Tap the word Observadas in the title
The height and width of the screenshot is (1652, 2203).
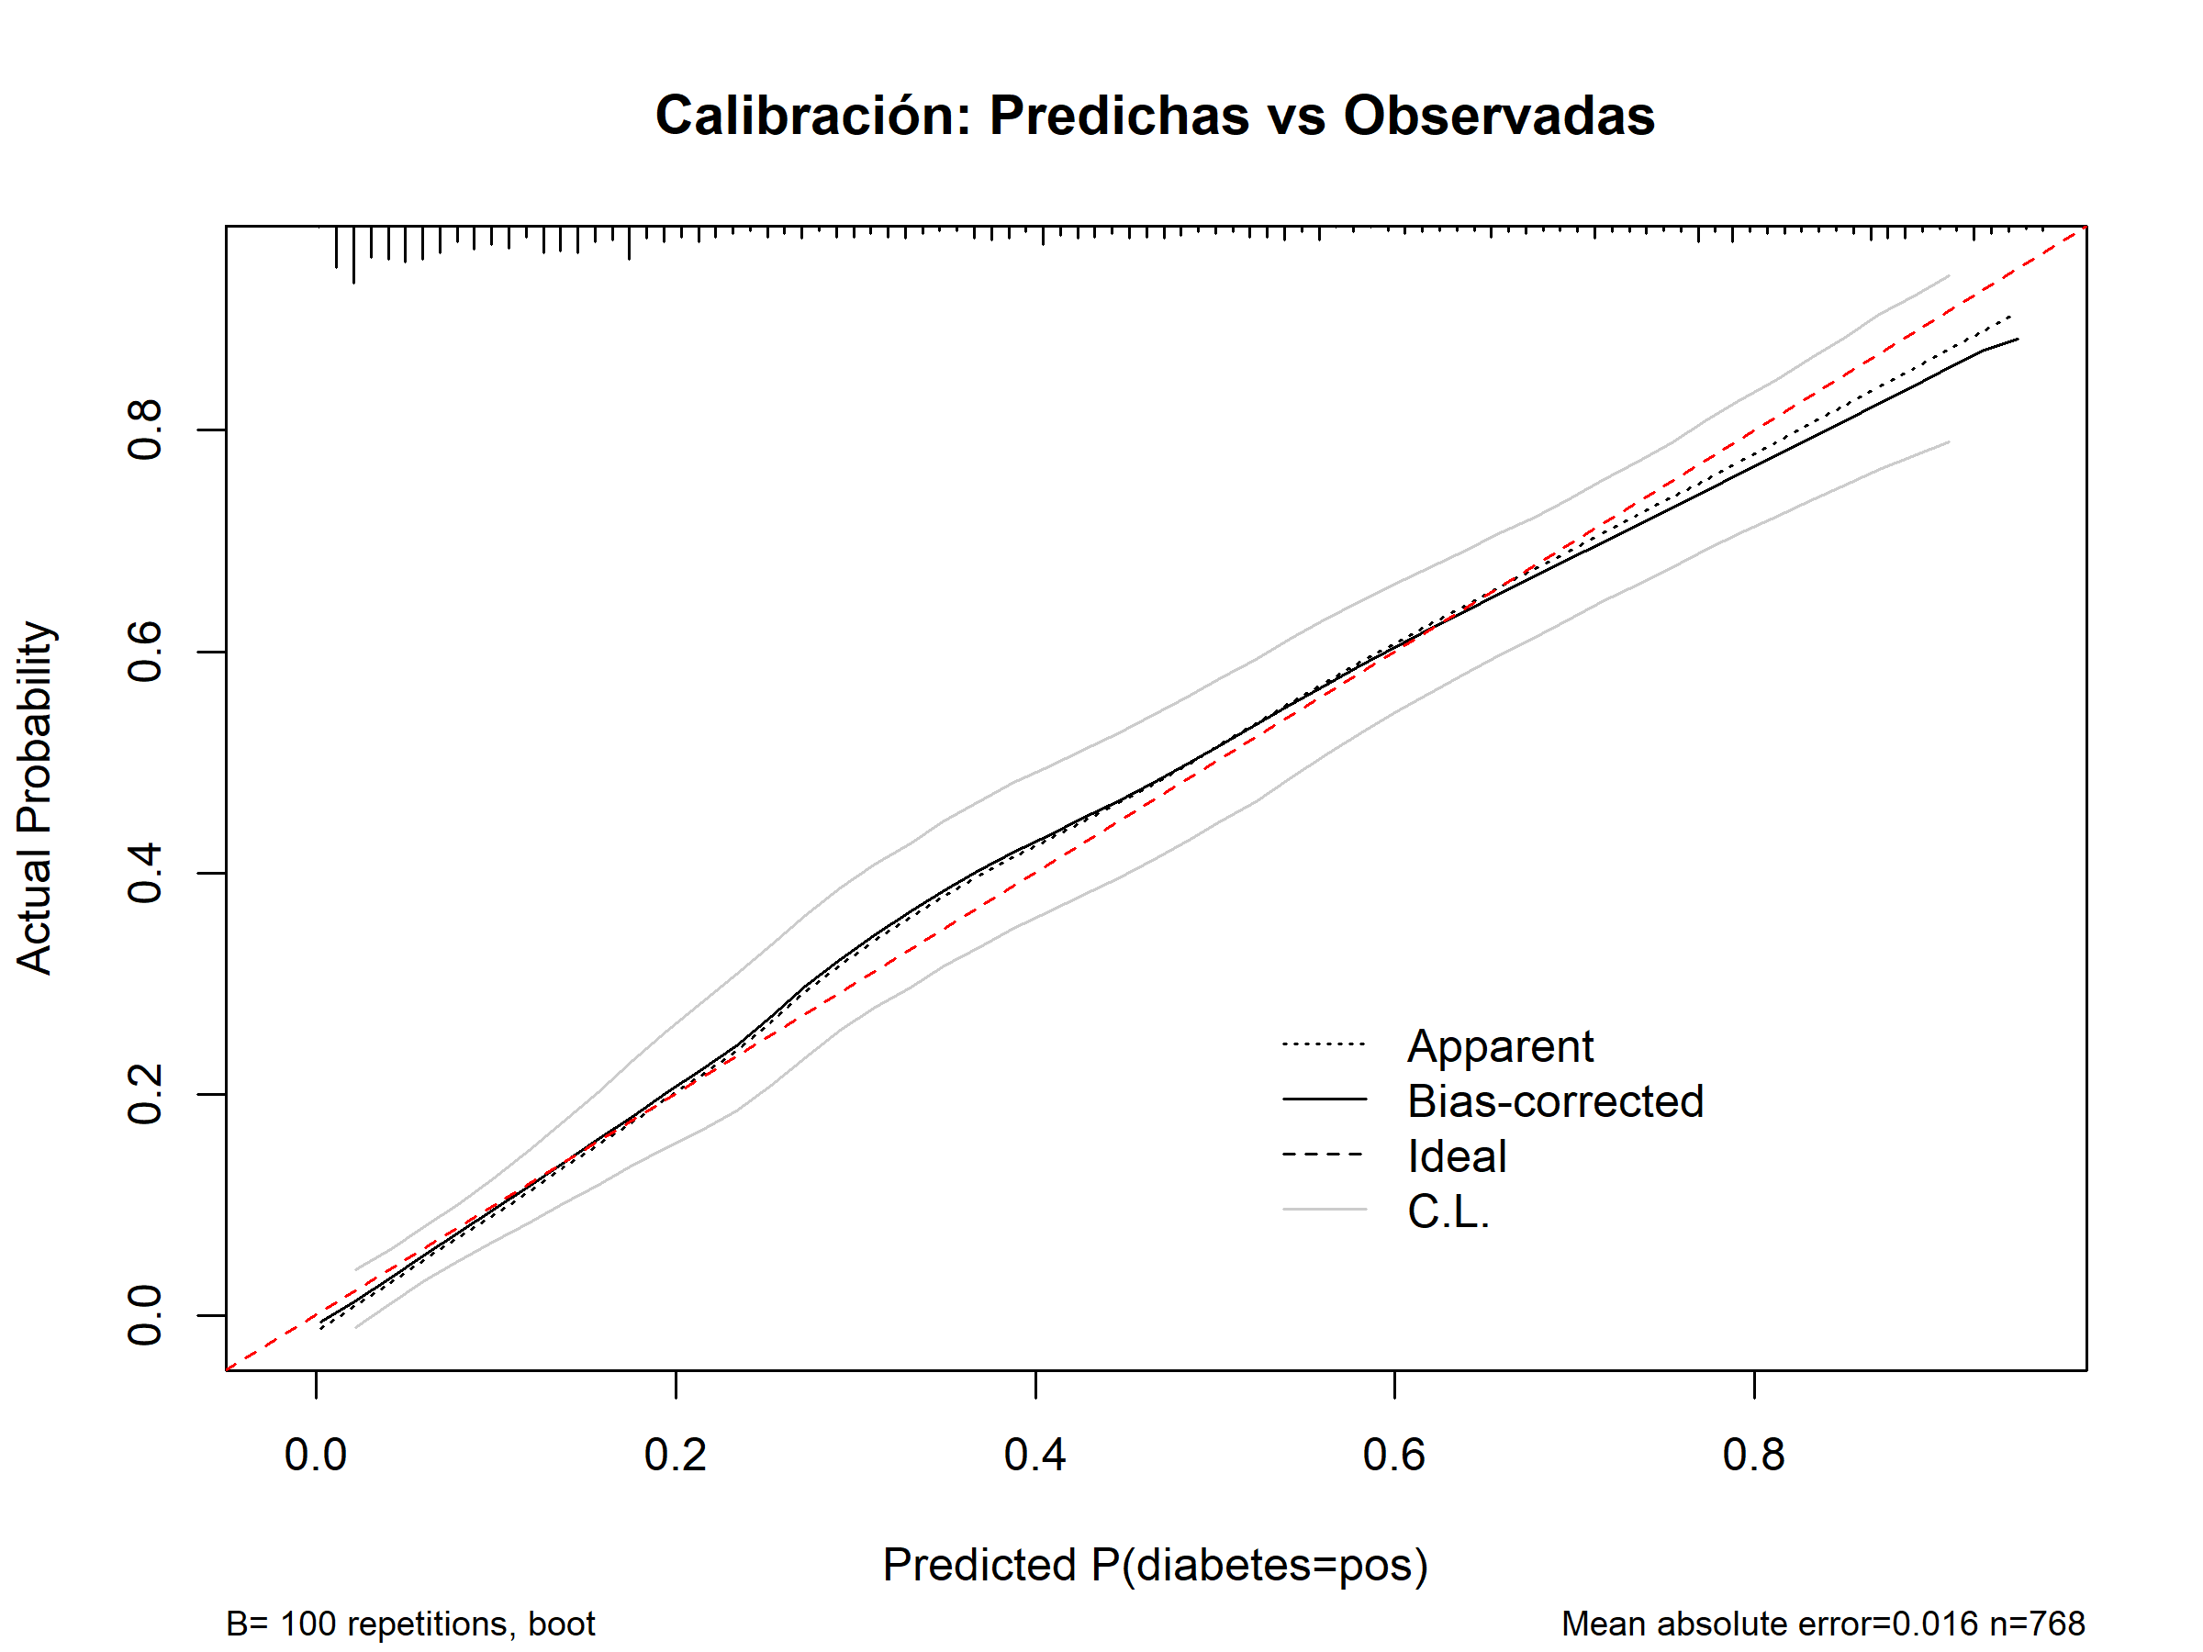[1499, 116]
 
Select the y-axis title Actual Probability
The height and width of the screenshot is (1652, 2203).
[35, 798]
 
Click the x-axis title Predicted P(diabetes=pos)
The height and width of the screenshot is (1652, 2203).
[1156, 1565]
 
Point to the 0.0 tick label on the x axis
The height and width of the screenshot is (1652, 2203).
[316, 1455]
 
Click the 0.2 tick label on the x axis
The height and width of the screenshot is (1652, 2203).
[676, 1455]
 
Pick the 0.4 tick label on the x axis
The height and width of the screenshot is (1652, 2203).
[1034, 1455]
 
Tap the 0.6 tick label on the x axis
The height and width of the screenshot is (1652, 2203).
[1394, 1455]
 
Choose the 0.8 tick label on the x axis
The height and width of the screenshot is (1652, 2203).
[1754, 1455]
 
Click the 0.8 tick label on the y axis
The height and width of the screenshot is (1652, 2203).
[145, 430]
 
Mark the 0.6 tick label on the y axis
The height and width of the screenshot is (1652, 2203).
[145, 653]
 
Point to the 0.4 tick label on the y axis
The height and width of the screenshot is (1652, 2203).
[145, 874]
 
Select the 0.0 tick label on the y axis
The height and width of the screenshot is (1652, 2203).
[145, 1315]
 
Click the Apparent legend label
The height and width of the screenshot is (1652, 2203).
[1500, 1046]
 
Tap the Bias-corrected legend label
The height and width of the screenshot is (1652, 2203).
[1556, 1101]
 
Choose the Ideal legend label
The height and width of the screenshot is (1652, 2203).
[1456, 1156]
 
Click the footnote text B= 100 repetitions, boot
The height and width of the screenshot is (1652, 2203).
[410, 1624]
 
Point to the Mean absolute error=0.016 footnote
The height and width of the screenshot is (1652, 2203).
[1769, 1624]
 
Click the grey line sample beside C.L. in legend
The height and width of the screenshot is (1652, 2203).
[1325, 1210]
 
